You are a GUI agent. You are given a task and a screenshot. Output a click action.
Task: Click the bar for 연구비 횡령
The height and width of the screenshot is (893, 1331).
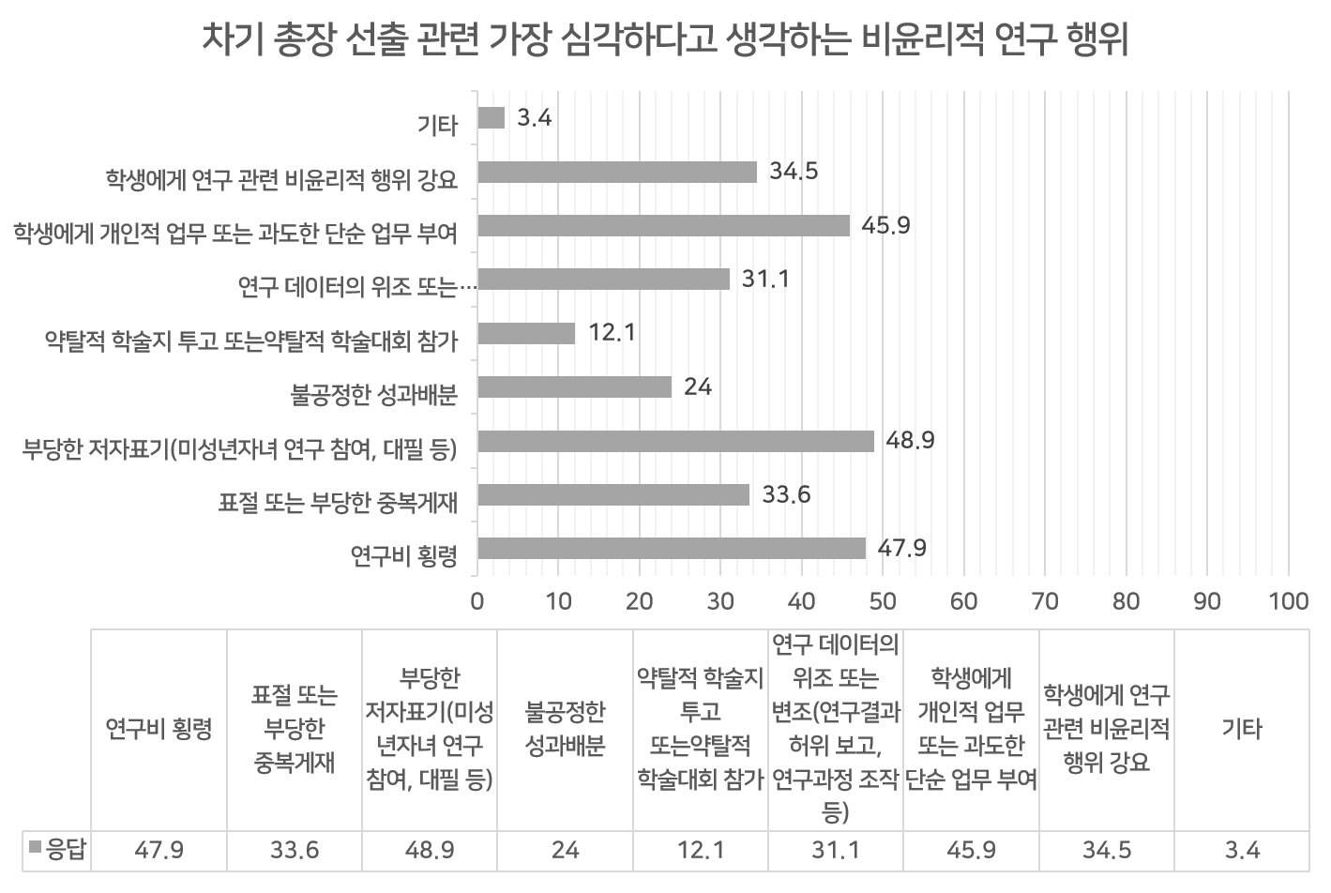(x=671, y=549)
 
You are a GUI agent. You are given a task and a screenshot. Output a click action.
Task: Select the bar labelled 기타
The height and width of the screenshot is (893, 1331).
(x=491, y=118)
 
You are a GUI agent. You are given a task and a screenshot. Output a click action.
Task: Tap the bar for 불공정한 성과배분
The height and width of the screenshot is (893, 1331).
(x=574, y=387)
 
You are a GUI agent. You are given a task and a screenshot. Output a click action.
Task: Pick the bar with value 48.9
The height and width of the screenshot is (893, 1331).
(x=675, y=441)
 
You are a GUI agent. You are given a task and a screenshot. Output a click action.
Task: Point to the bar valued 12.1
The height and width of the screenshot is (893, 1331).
(x=525, y=333)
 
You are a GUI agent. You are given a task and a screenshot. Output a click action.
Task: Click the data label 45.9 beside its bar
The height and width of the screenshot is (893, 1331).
(x=886, y=226)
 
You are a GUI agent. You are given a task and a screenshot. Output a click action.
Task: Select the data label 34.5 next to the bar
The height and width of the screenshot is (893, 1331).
(x=794, y=172)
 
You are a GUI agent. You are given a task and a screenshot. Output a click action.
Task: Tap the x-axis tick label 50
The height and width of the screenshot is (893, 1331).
(x=883, y=601)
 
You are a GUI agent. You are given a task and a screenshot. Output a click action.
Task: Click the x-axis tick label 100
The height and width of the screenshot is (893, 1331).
(x=1288, y=601)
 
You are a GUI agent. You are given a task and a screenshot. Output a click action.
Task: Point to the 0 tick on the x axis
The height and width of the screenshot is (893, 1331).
(x=477, y=601)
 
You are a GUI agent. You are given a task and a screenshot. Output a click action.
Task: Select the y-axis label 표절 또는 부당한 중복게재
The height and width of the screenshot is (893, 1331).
(x=338, y=504)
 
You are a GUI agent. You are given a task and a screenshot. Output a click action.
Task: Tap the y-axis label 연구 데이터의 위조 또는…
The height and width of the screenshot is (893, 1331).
(x=357, y=287)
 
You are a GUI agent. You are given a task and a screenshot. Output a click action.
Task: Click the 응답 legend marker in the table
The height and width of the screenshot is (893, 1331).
(x=36, y=849)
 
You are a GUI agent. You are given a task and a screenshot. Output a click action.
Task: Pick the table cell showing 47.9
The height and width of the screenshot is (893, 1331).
(x=159, y=851)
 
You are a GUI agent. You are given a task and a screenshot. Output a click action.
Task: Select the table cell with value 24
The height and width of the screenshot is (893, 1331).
(x=565, y=851)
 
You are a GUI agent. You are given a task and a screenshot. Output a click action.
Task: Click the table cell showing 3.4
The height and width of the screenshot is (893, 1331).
(x=1242, y=851)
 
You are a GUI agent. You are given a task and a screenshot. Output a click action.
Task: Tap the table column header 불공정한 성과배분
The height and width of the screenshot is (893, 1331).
(x=565, y=729)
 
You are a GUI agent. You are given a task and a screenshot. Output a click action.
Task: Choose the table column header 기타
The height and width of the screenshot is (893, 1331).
(x=1242, y=729)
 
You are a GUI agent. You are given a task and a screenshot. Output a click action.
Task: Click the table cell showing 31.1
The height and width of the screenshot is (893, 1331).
(x=835, y=851)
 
